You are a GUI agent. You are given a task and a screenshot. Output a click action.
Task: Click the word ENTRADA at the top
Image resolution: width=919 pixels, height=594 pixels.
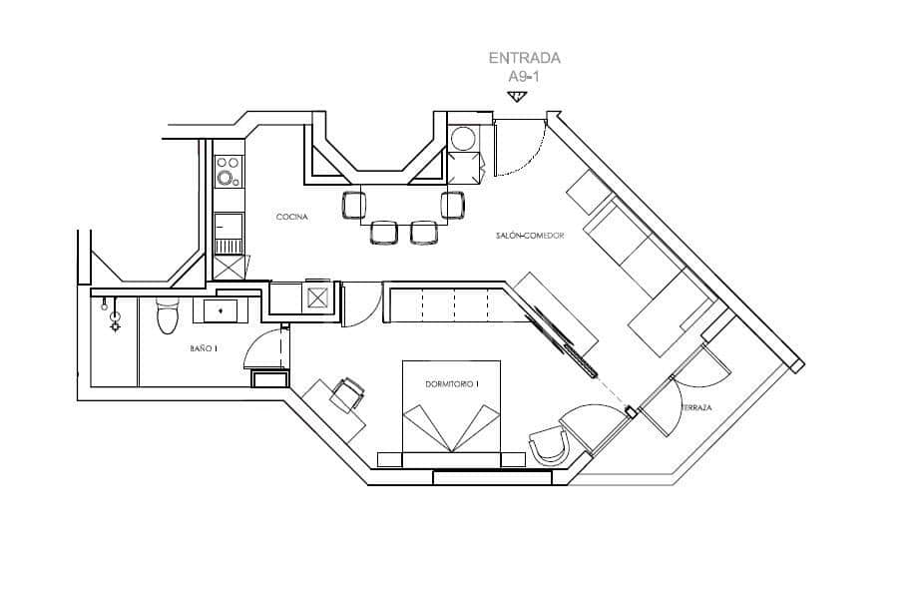coord(524,58)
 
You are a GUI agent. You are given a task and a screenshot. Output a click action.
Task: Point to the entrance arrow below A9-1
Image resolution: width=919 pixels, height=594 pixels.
coord(516,96)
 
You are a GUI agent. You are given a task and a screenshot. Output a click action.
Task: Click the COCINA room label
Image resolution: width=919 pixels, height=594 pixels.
coord(292,217)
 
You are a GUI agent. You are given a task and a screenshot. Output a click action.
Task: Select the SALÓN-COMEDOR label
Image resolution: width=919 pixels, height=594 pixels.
coord(530,236)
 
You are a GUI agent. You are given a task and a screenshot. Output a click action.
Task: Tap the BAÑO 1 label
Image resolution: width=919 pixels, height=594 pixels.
coord(204,349)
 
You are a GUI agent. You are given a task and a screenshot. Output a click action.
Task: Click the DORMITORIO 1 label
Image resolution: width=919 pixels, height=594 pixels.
coord(452,383)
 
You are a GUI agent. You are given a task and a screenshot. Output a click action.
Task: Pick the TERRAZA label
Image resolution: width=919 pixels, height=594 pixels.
coord(695,408)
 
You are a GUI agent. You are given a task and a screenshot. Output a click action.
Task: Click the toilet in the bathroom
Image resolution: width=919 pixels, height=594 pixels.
coord(168,317)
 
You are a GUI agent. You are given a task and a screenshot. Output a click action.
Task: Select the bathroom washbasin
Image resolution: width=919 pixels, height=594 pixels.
coord(221,310)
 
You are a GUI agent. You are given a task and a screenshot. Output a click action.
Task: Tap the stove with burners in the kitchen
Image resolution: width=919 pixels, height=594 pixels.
coord(229,171)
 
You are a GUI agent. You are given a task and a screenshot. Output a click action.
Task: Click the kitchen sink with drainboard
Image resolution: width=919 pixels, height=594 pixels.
coord(229,236)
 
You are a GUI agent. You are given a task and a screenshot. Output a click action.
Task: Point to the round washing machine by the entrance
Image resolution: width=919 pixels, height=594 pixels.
coord(462,137)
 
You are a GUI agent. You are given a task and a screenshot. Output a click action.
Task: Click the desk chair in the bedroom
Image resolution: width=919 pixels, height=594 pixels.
coord(348,394)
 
